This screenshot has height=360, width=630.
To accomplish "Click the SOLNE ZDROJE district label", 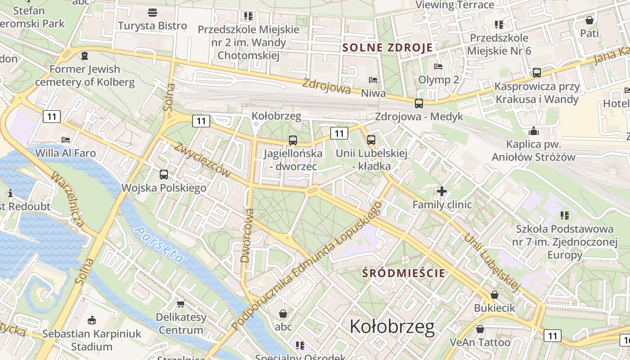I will (x=387, y=48).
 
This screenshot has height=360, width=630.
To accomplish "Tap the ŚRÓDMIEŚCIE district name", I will (x=404, y=273).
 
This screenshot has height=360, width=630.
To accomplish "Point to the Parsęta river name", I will (x=159, y=244).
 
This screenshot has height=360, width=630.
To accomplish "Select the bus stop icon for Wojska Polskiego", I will (x=164, y=175).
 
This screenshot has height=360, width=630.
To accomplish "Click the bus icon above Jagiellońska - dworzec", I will (x=293, y=140).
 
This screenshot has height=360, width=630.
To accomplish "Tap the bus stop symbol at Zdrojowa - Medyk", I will (x=419, y=103).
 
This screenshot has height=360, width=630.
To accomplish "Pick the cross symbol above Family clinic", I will (x=442, y=192).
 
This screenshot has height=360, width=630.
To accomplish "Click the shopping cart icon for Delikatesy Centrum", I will (x=181, y=304).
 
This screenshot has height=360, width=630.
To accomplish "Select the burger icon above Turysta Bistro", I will (x=153, y=12).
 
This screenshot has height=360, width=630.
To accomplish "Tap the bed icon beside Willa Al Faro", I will (x=66, y=139).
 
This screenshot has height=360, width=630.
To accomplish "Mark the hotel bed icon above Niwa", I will (x=373, y=80).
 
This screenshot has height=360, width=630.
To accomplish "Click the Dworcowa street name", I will (x=247, y=235).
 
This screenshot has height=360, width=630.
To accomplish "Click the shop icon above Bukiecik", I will (x=494, y=295).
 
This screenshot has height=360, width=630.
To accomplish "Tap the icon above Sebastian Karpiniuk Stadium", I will (x=92, y=320).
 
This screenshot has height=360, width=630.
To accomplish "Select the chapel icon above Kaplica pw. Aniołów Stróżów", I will (x=534, y=131).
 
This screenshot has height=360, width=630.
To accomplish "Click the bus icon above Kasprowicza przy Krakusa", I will (x=536, y=72).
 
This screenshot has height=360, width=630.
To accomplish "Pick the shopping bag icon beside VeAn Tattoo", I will (x=480, y=329).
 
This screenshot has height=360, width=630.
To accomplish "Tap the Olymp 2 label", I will (x=439, y=80).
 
